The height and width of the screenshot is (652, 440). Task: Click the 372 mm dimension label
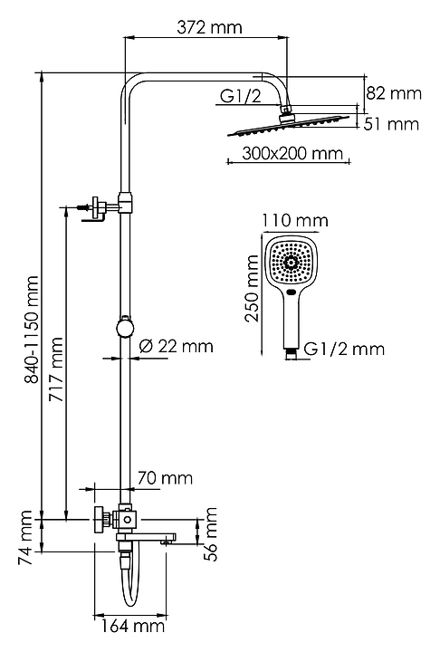[x=209, y=28]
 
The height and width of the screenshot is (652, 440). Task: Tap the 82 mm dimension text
[x=394, y=93]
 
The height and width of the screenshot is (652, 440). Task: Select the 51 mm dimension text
[x=391, y=124]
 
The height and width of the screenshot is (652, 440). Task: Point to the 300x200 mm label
[x=292, y=153]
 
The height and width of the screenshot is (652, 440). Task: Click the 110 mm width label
[x=295, y=220]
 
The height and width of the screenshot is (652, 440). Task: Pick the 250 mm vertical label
[x=252, y=288]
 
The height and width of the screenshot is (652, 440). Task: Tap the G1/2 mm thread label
[x=344, y=349]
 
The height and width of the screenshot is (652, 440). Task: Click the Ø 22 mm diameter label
[x=176, y=346]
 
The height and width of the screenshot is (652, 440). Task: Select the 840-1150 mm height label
[x=32, y=329]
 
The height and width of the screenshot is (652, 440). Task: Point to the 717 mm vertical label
[x=56, y=369]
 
